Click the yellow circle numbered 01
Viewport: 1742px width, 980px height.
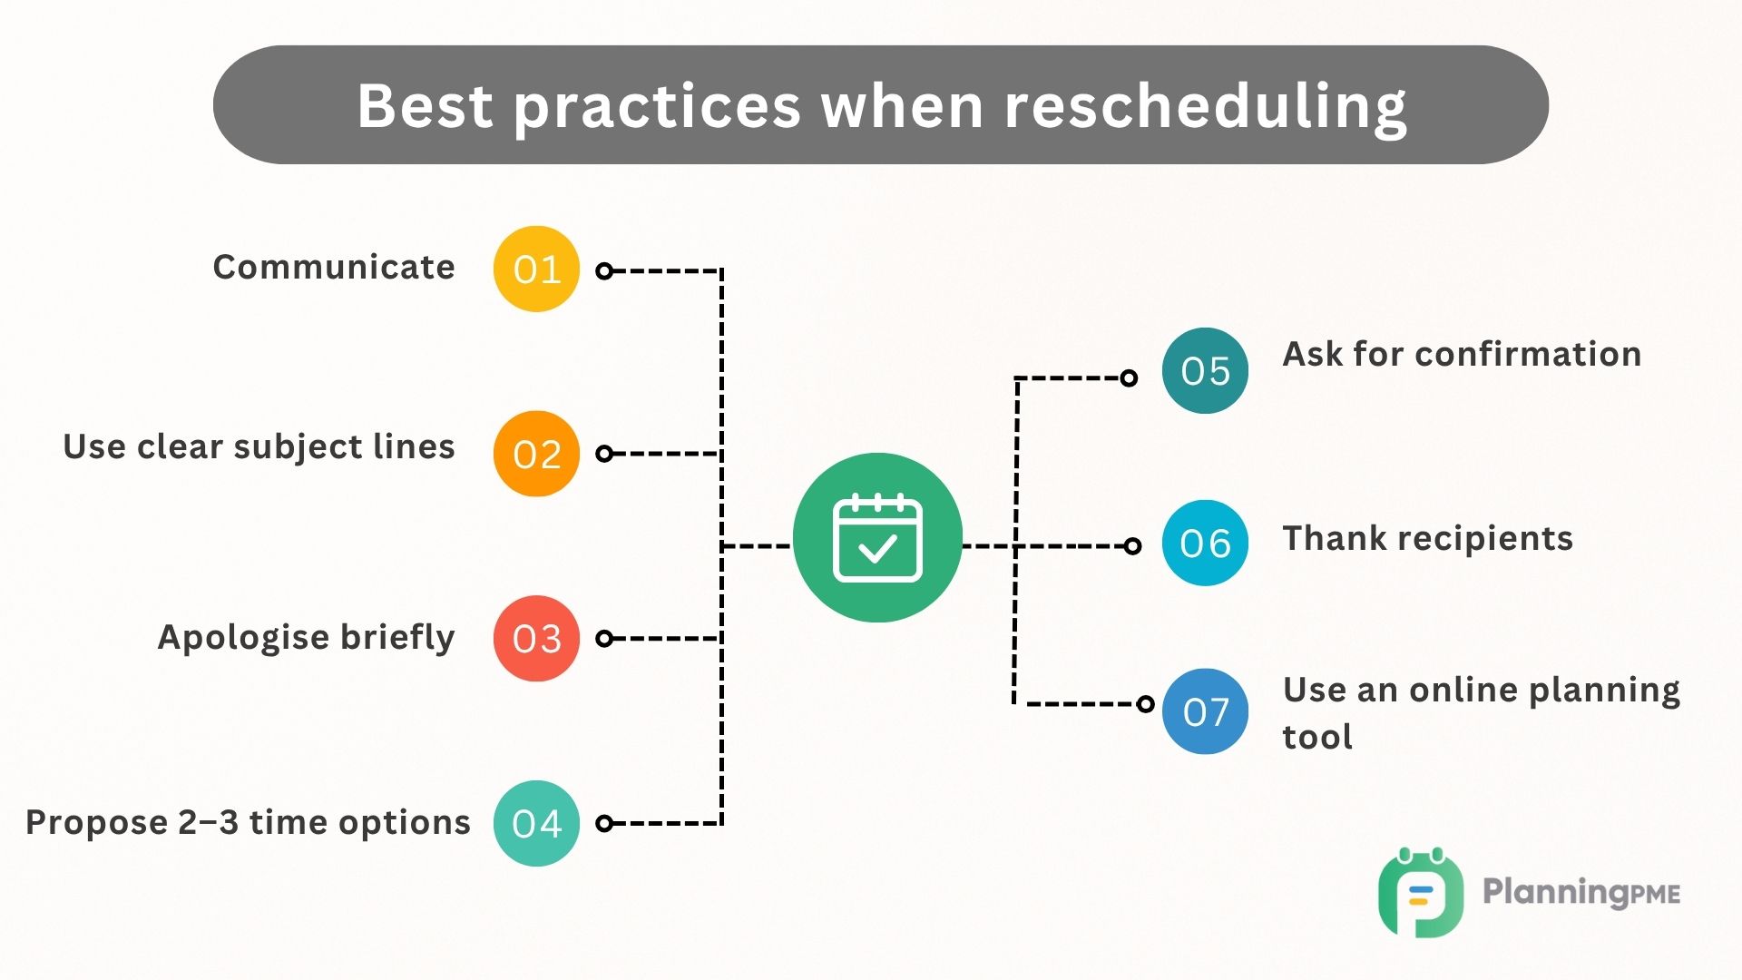[536, 269]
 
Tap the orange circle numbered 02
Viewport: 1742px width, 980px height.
[536, 454]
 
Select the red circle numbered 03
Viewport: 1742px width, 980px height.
[536, 638]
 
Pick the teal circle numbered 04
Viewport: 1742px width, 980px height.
[536, 823]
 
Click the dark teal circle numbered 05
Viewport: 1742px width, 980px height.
[1205, 370]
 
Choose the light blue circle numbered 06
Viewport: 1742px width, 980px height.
[1205, 543]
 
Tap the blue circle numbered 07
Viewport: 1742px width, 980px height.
[1205, 711]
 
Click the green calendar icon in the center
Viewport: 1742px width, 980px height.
[877, 538]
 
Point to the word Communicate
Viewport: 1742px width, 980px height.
[334, 268]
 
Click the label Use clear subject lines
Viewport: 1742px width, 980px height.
[259, 446]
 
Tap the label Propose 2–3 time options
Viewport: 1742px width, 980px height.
[248, 822]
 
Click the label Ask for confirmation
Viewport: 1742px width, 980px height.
[1462, 354]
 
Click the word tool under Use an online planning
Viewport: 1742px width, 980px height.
[1317, 737]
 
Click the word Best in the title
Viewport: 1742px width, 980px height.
[425, 106]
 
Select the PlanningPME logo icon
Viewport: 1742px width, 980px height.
[1420, 893]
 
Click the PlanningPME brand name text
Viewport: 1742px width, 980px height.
[1581, 893]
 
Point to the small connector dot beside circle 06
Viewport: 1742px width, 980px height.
[1132, 545]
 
